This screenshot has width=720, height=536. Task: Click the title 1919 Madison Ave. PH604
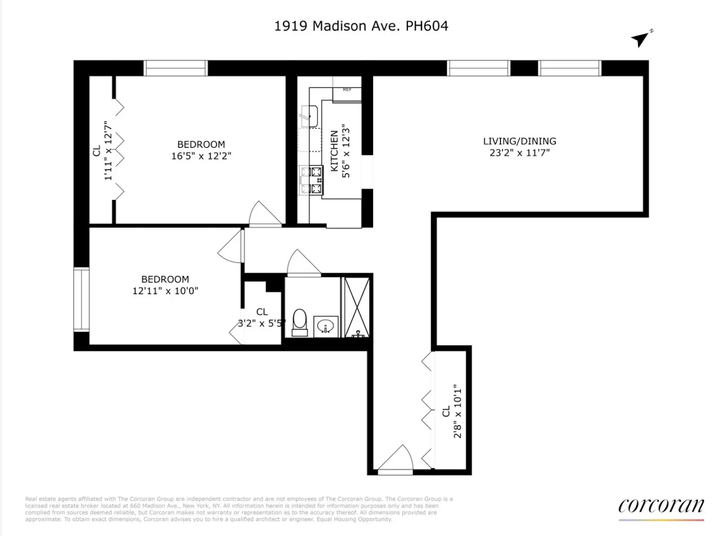tap(361, 26)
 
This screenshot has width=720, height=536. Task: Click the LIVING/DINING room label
tap(519, 141)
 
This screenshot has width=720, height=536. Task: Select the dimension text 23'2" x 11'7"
tap(519, 153)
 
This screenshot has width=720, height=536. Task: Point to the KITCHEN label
tap(334, 151)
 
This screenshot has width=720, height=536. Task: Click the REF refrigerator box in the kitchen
tap(347, 94)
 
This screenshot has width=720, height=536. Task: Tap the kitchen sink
tap(309, 116)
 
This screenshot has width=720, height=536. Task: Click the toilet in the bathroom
tap(300, 323)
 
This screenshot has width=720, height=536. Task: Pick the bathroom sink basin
tap(325, 326)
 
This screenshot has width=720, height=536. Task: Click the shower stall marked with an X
tap(357, 307)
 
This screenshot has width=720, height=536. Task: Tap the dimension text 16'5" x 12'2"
tap(201, 156)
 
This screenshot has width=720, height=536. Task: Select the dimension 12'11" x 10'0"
tap(165, 291)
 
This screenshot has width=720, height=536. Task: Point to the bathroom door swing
tap(302, 263)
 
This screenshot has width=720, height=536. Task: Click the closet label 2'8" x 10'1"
tap(458, 411)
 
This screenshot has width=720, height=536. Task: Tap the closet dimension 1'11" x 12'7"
tap(108, 150)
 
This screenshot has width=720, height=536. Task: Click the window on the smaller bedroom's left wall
tap(81, 299)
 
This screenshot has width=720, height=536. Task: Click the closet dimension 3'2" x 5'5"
tap(261, 323)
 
